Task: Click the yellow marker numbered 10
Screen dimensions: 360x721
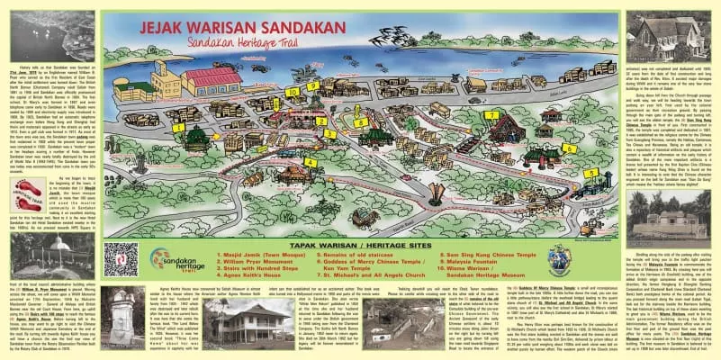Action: click(292, 92)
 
